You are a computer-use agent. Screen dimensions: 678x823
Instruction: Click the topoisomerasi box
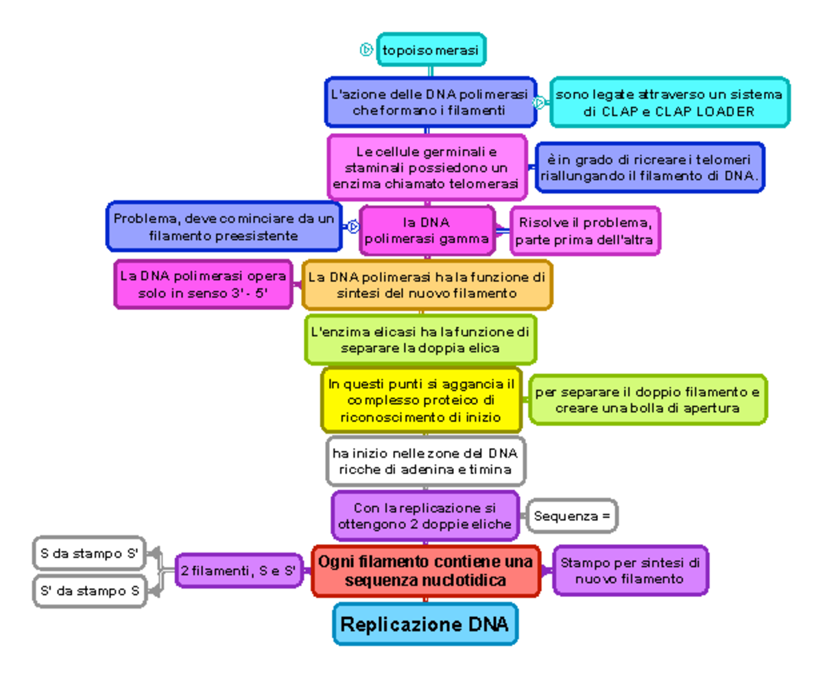click(x=431, y=50)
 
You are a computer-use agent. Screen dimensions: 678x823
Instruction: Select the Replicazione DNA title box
click(x=425, y=624)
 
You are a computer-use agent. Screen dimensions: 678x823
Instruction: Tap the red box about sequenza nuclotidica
click(x=425, y=571)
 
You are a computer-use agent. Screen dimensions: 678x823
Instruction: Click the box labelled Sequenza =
click(x=572, y=516)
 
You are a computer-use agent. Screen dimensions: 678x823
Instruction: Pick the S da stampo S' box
click(x=90, y=554)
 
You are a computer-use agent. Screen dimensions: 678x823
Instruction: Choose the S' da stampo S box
click(x=90, y=590)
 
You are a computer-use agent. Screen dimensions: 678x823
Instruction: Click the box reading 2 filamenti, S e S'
click(x=239, y=570)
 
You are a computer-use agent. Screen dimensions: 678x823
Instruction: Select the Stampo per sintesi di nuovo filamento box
click(x=630, y=570)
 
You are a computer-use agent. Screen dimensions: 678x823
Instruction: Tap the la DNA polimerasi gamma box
click(x=427, y=231)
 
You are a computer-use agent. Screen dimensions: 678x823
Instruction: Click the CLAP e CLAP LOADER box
click(x=669, y=102)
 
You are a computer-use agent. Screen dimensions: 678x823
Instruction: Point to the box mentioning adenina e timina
click(x=425, y=461)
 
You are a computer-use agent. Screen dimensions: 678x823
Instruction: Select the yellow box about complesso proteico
click(x=421, y=400)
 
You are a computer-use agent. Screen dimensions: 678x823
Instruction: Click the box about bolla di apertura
click(x=647, y=400)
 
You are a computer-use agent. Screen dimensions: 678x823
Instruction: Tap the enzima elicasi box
click(x=420, y=340)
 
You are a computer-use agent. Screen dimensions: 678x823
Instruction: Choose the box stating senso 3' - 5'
click(x=202, y=285)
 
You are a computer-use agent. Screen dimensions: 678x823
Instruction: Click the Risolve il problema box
click(x=585, y=231)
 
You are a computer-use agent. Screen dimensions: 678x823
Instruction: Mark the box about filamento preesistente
click(x=224, y=227)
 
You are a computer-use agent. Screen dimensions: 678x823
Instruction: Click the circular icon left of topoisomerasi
click(x=366, y=49)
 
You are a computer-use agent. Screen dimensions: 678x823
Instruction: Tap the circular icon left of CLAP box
click(x=540, y=102)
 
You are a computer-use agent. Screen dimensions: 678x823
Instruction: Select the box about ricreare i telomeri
click(x=649, y=167)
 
